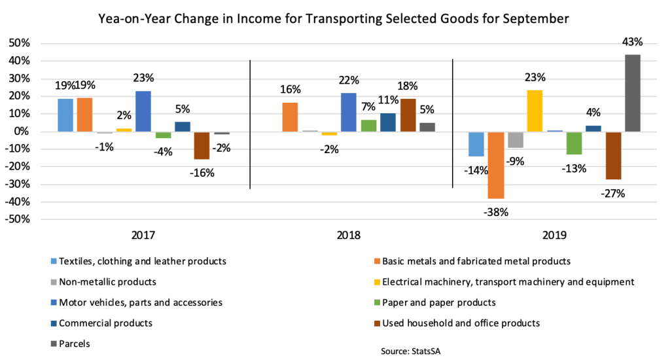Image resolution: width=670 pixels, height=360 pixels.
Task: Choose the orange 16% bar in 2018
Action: [290, 117]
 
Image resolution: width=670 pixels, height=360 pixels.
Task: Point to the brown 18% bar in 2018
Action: [407, 115]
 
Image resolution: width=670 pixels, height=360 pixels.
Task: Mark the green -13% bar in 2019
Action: [573, 143]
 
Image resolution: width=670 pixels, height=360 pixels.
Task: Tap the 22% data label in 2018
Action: [349, 81]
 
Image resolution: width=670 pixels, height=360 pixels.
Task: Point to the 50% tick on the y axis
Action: [19, 43]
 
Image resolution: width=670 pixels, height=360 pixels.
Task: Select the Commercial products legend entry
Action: [105, 323]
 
